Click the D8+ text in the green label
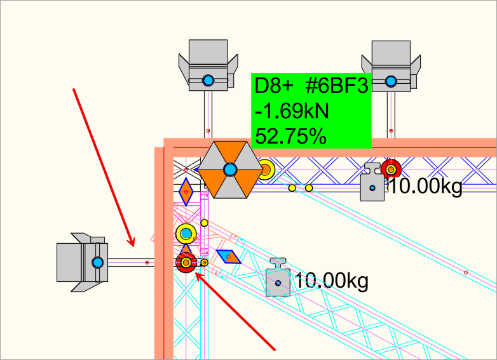click(274, 86)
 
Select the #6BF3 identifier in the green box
click(337, 86)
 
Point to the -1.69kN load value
click(292, 111)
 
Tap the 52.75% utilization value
click(290, 137)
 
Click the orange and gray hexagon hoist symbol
click(230, 170)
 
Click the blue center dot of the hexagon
click(230, 170)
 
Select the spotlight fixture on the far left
click(83, 262)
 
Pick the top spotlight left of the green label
click(208, 65)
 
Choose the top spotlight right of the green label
click(391, 66)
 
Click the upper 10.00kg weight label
click(425, 185)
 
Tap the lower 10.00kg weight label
click(332, 281)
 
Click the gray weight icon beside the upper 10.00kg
click(372, 182)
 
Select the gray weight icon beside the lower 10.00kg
click(278, 277)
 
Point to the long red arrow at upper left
click(104, 168)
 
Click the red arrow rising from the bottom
click(235, 311)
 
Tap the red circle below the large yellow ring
click(186, 262)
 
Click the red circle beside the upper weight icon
click(391, 170)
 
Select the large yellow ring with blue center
click(186, 234)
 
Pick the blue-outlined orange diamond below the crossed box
click(186, 192)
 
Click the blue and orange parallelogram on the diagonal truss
click(228, 257)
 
